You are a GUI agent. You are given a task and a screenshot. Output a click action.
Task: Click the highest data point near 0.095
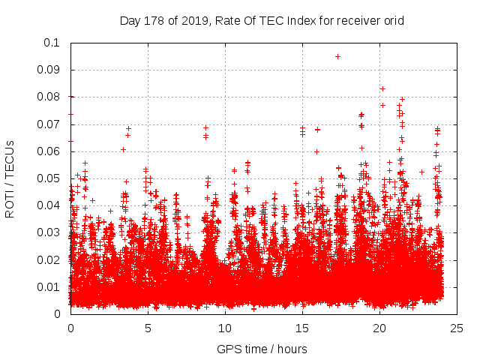[x=337, y=56]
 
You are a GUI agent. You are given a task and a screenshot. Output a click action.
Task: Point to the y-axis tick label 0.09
[x=49, y=70]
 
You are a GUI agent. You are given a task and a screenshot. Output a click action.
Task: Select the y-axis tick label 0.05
[x=49, y=178]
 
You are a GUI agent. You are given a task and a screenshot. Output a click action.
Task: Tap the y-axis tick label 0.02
[x=49, y=259]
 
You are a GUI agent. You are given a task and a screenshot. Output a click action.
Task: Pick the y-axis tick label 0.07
[x=49, y=124]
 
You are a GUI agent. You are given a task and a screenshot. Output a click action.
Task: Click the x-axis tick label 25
[x=456, y=328]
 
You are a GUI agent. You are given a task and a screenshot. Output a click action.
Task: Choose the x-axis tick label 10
[x=225, y=328]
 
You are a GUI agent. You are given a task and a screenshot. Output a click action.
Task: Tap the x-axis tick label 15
[x=302, y=328]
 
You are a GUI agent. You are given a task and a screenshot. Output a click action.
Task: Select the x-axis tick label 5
[x=148, y=328]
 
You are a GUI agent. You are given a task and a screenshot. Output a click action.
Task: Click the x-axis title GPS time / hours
[x=262, y=349]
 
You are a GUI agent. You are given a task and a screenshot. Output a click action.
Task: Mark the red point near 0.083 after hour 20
[x=382, y=88]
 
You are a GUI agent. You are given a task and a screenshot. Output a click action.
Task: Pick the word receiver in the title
[x=355, y=20]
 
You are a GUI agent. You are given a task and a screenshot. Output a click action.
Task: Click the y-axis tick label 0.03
[x=49, y=232]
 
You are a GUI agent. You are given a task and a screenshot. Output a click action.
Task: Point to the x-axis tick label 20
[x=379, y=328]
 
